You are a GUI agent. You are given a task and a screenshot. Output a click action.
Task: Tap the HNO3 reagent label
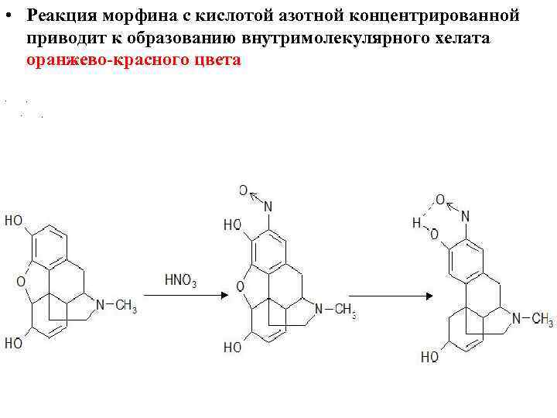click(181, 280)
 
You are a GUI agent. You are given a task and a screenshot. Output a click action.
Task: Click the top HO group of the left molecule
click(14, 221)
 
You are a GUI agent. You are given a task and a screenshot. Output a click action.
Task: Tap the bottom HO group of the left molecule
click(14, 343)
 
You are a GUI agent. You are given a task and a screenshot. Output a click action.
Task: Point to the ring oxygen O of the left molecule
click(20, 282)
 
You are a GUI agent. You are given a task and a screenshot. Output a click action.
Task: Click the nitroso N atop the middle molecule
click(268, 206)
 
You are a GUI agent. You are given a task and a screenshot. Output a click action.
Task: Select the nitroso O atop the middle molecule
click(242, 190)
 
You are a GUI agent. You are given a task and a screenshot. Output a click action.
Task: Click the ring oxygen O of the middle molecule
click(241, 287)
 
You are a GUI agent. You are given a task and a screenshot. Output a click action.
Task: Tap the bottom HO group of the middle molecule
click(233, 348)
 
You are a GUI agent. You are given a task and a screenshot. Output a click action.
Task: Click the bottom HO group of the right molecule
click(430, 357)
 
